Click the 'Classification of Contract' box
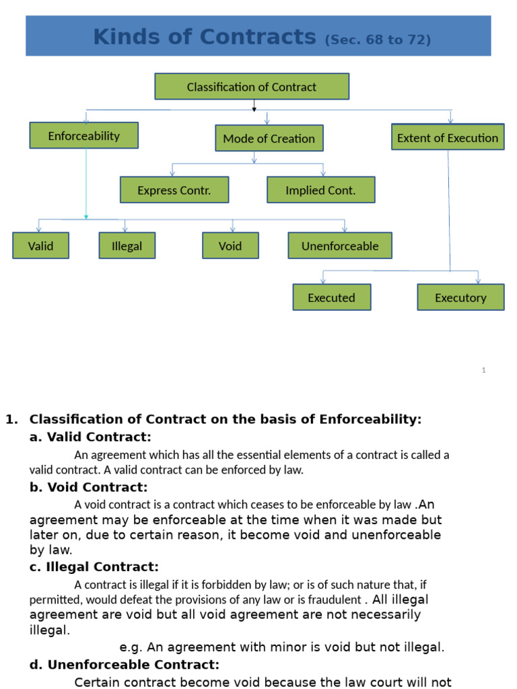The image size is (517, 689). click(x=252, y=87)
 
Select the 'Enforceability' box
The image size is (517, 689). click(x=84, y=135)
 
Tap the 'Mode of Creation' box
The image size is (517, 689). click(x=269, y=138)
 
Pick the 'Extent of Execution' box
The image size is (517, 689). click(x=448, y=137)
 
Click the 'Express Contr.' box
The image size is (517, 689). click(x=174, y=190)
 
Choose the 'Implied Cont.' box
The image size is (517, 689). click(x=321, y=190)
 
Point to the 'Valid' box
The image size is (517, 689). click(x=41, y=246)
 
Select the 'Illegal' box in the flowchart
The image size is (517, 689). click(x=127, y=246)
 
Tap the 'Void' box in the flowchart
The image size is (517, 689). click(x=230, y=246)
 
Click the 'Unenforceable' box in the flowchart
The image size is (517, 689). click(x=340, y=246)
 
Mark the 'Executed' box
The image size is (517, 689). click(x=332, y=297)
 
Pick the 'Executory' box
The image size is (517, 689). click(x=460, y=297)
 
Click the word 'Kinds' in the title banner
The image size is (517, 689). click(x=127, y=36)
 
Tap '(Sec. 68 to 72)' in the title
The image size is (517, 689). click(x=378, y=40)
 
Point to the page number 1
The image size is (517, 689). click(x=483, y=370)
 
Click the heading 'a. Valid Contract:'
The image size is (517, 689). click(x=90, y=437)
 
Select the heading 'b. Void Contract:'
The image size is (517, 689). click(x=88, y=487)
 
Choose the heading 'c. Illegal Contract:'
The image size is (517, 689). click(x=94, y=567)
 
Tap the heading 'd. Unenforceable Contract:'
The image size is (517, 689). click(x=125, y=664)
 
